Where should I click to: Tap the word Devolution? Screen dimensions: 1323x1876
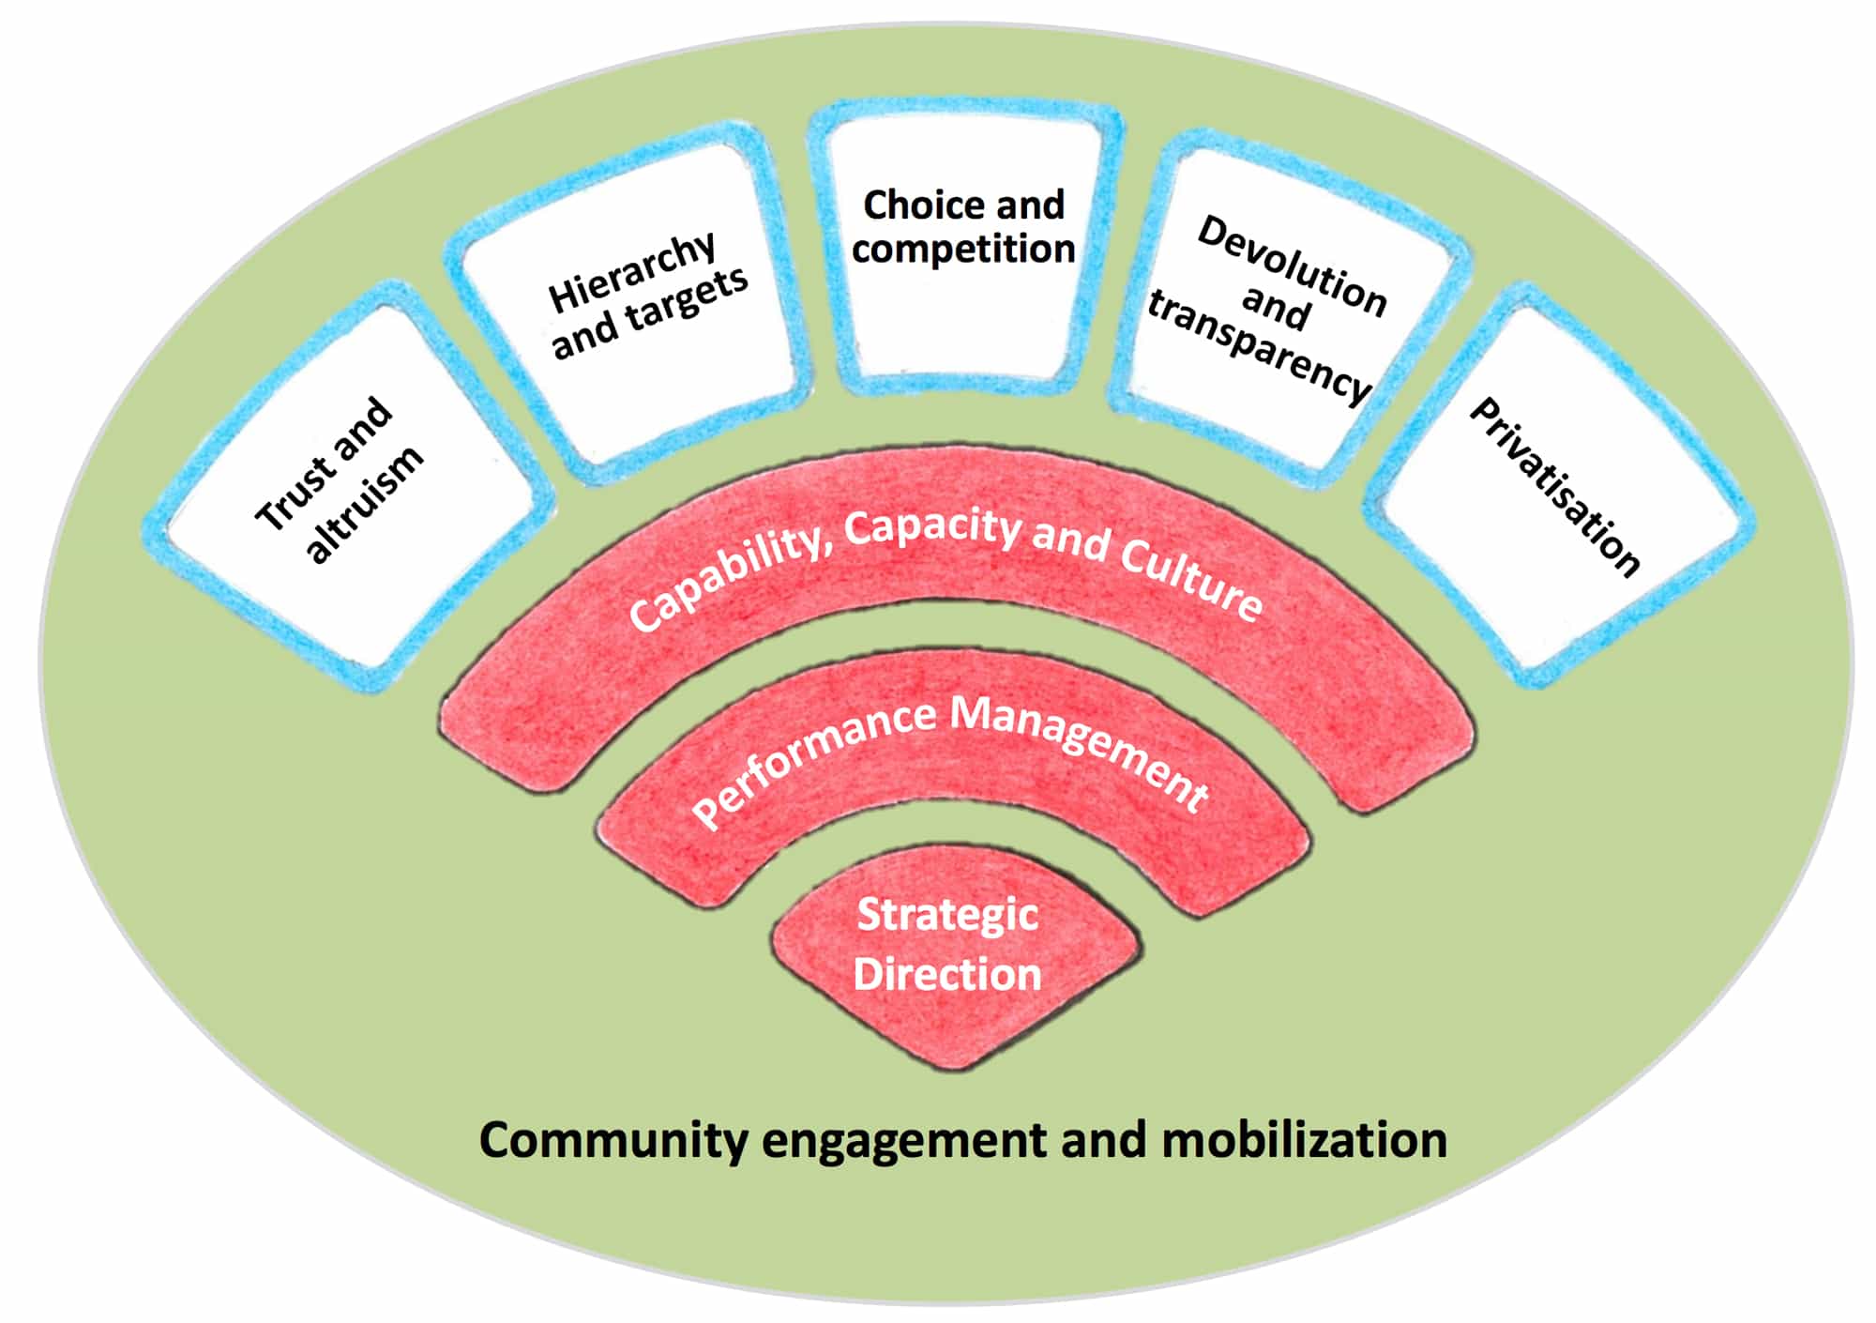(1292, 266)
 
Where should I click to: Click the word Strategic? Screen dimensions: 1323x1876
(947, 915)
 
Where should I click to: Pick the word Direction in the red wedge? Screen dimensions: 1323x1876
(947, 974)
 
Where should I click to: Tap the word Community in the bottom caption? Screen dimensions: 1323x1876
(613, 1141)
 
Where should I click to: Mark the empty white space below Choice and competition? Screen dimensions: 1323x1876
(963, 324)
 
